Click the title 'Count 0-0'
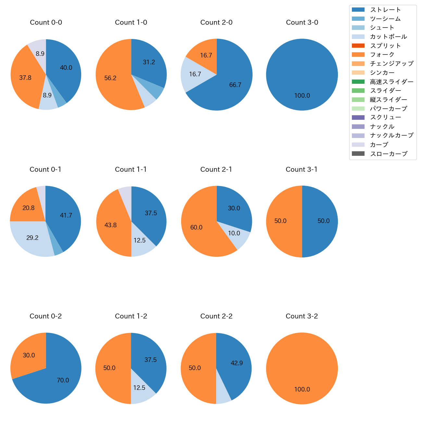[x=46, y=22]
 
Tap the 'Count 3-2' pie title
[x=302, y=316]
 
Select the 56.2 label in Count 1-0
[x=110, y=78]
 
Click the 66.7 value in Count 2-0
[x=235, y=85]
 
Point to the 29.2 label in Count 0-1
[x=32, y=238]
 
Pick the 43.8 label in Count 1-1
[x=111, y=225]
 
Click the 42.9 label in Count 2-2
[x=237, y=363]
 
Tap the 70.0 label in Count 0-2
[x=63, y=380]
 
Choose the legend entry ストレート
[x=385, y=10]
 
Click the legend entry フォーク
[x=382, y=55]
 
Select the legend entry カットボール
[x=388, y=37]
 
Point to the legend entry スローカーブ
[x=389, y=154]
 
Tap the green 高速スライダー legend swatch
[x=358, y=82]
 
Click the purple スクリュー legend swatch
[x=358, y=118]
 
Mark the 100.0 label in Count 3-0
[x=302, y=96]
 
